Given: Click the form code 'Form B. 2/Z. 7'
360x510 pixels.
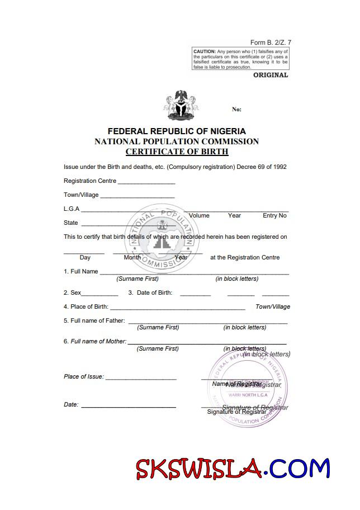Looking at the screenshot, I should [x=271, y=42].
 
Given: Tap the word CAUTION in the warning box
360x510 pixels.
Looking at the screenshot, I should [x=205, y=51].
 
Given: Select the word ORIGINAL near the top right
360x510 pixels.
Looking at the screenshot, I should [x=271, y=75].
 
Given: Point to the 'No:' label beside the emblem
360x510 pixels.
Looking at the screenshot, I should [x=236, y=110].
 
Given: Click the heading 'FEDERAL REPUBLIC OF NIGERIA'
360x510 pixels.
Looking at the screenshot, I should [x=177, y=131].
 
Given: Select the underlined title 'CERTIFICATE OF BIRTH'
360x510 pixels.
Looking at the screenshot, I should [x=177, y=152].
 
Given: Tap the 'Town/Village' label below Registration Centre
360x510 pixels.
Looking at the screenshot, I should [x=81, y=195].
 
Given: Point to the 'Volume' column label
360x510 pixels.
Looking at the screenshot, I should [x=199, y=216].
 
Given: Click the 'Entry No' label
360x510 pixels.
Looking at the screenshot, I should [x=274, y=216].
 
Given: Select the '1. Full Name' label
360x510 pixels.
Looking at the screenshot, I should [x=81, y=272].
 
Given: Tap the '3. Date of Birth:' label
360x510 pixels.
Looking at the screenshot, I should [x=150, y=292].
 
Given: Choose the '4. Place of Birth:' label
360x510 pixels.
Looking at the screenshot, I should [x=86, y=306].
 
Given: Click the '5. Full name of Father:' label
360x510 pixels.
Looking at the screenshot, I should [x=94, y=320].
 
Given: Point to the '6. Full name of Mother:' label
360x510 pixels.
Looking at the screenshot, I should [x=95, y=341].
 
